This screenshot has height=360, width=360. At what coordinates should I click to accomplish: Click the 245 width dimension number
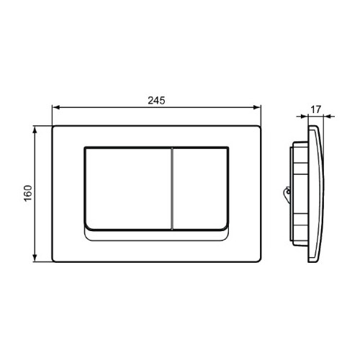point(156,102)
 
